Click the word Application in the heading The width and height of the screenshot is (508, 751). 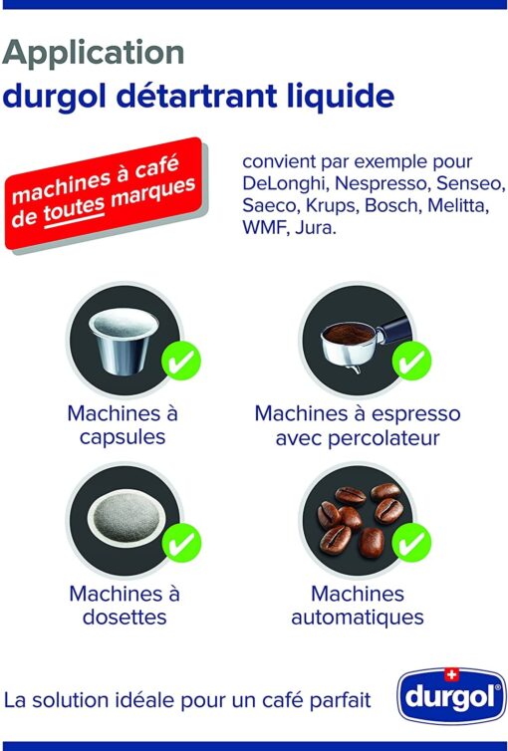[x=94, y=53]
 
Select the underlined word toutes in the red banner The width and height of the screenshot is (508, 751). [x=75, y=209]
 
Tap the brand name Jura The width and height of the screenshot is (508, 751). [x=316, y=227]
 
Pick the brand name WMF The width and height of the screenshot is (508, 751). [x=265, y=227]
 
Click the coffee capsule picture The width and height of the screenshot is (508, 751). [x=124, y=339]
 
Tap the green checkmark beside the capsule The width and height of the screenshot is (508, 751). [x=181, y=361]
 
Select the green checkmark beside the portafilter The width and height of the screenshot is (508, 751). [x=411, y=361]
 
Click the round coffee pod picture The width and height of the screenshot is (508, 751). [x=127, y=520]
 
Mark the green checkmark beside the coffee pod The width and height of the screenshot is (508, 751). [x=181, y=542]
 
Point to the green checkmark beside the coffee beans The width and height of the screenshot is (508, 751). [x=411, y=542]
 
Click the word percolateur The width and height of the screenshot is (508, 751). [x=383, y=438]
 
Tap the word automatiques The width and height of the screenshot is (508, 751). [x=358, y=617]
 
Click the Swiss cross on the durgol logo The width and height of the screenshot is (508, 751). [x=451, y=675]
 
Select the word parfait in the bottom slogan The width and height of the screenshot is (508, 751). [x=340, y=700]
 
